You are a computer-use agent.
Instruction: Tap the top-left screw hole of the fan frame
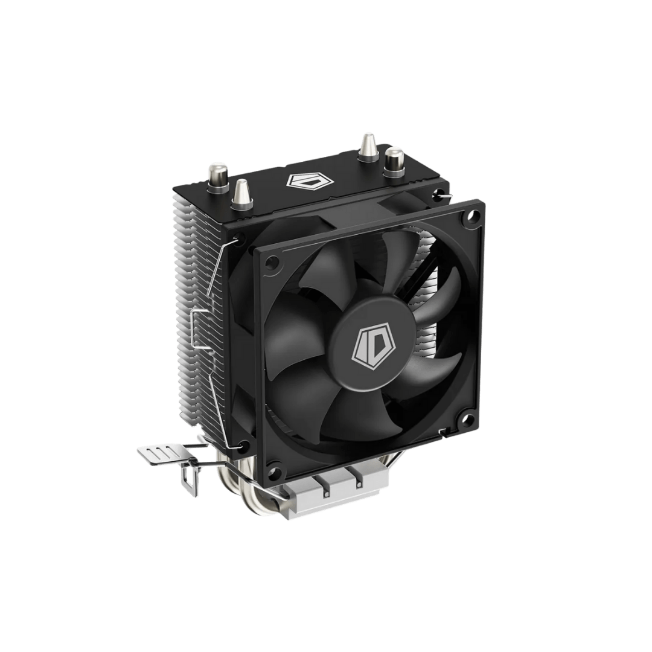(x=272, y=263)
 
